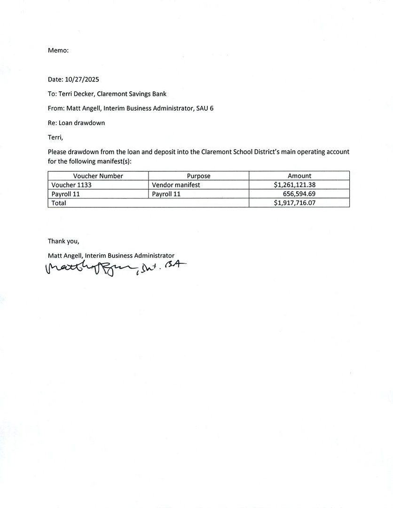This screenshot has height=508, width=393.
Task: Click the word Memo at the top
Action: coord(58,50)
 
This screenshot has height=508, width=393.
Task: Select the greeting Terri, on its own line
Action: coord(55,137)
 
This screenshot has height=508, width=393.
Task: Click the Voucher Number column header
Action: coord(98,176)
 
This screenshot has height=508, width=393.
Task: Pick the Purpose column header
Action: coord(198,176)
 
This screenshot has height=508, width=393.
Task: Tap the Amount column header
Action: coord(299,176)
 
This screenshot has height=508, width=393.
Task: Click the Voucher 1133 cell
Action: coord(71,185)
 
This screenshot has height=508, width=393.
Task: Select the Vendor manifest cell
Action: coord(176,185)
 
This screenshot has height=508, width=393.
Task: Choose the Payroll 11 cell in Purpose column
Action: coord(166,194)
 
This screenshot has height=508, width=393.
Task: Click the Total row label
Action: coord(59,203)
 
